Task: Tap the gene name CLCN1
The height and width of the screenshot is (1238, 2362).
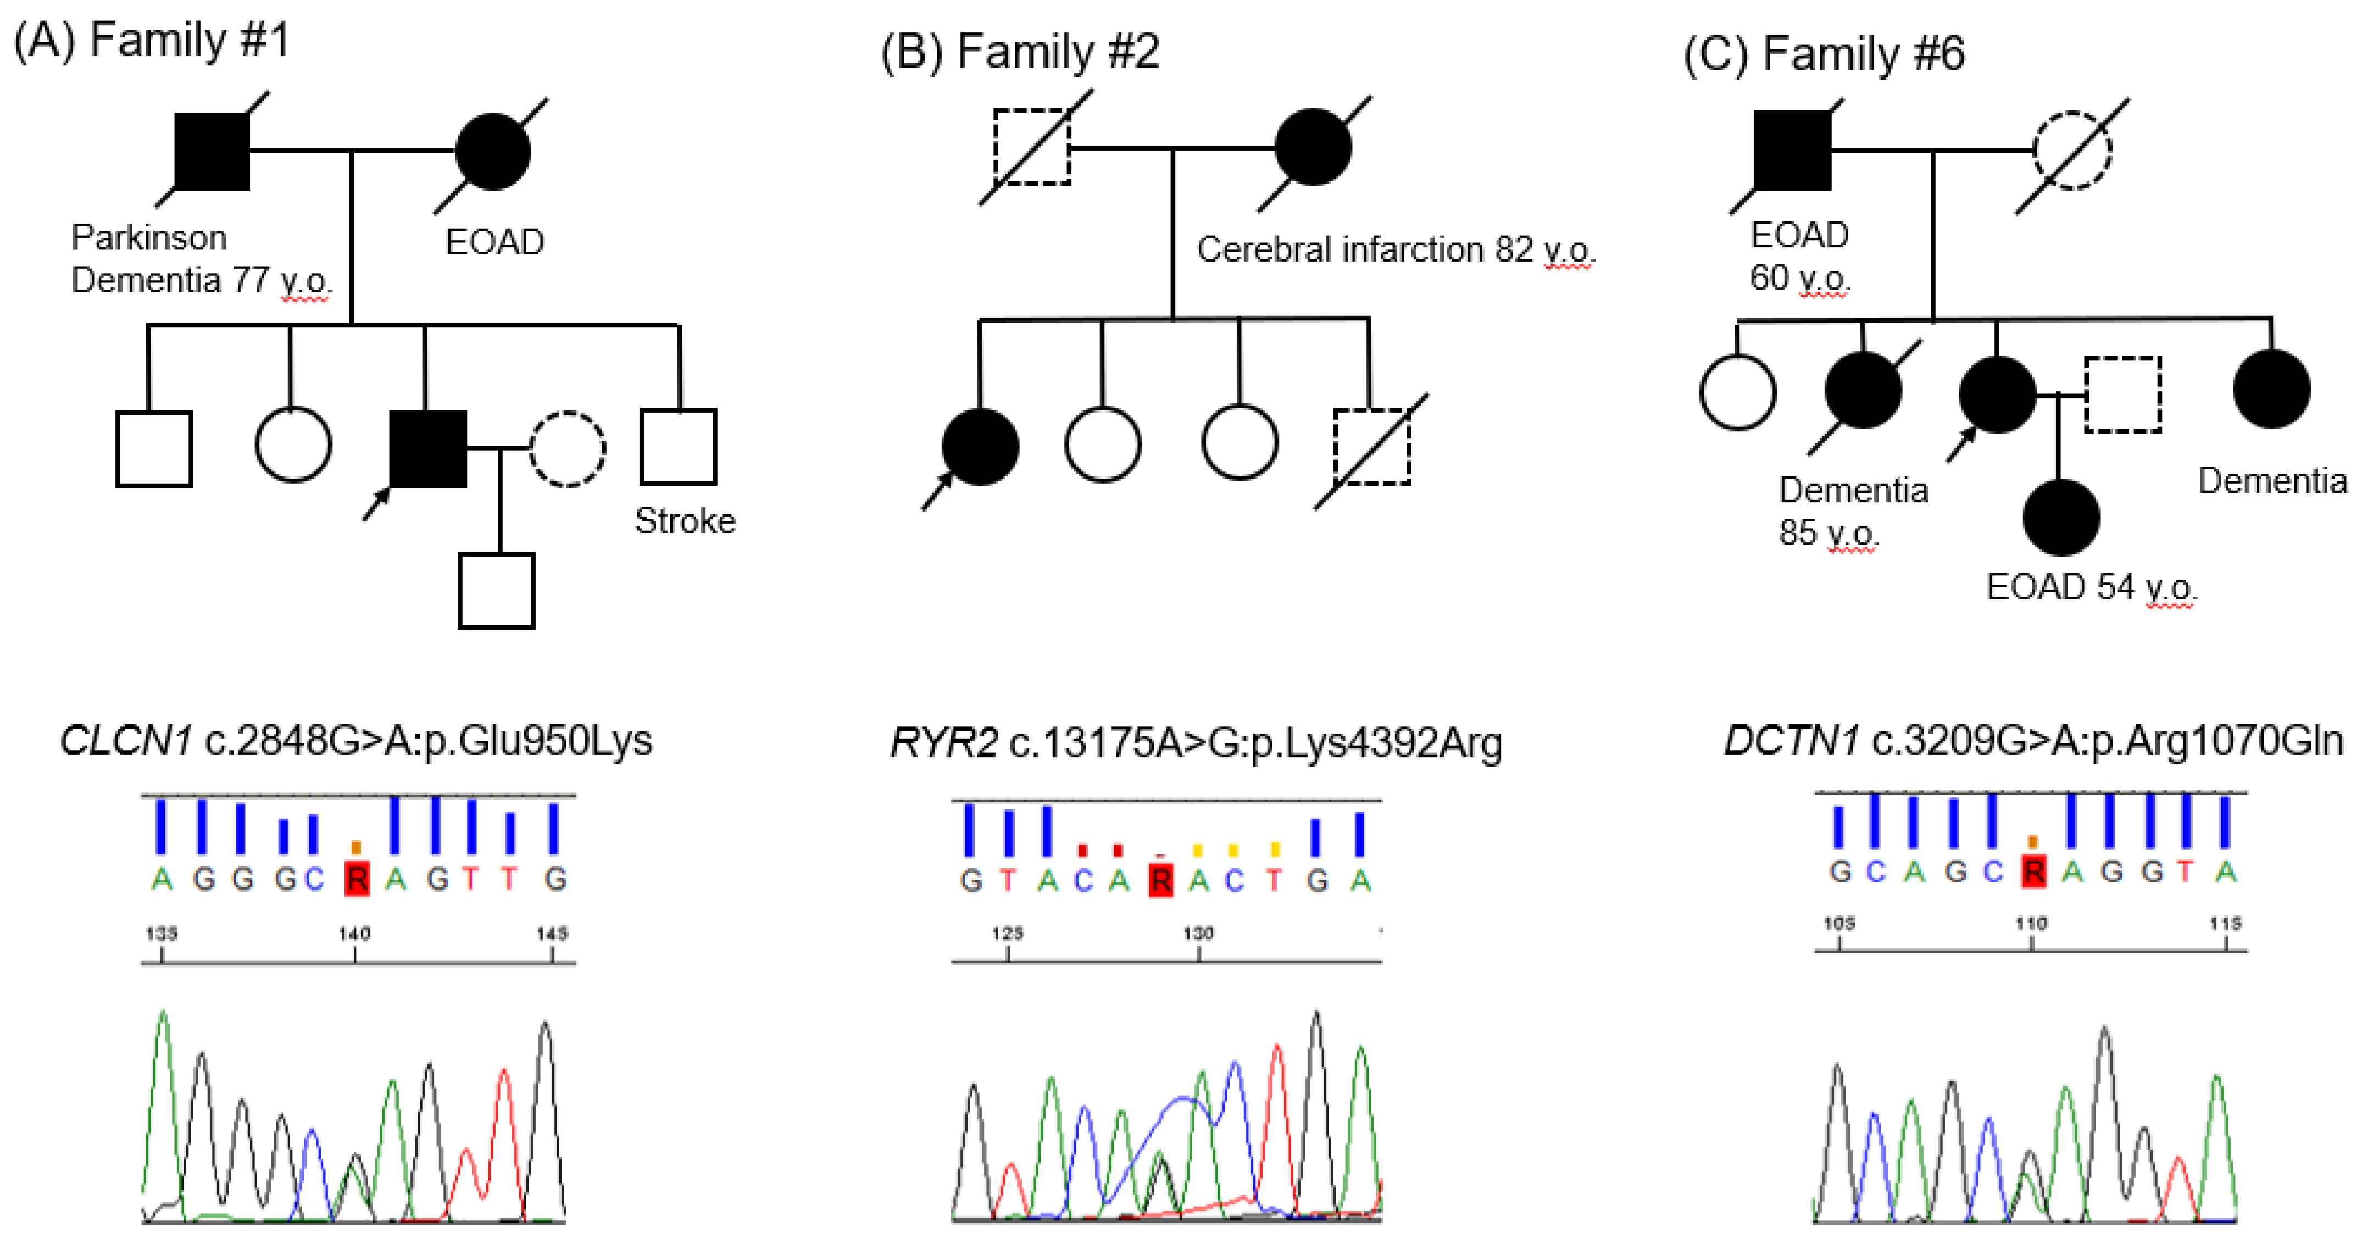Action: pos(126,741)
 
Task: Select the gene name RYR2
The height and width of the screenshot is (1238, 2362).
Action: pos(943,743)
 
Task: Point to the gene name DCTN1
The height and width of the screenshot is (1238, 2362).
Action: pos(1791,740)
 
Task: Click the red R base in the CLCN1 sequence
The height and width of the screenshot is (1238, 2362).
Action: pos(356,879)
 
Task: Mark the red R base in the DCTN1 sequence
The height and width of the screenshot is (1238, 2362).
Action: pos(2033,870)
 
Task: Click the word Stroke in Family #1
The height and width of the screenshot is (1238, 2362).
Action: pos(685,521)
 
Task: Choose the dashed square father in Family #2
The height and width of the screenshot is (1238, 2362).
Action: pos(1032,147)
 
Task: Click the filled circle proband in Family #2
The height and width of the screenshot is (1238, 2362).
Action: pos(980,447)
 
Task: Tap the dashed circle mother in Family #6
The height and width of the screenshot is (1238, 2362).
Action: pos(2072,151)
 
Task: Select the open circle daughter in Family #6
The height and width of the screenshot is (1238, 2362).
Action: pos(1738,392)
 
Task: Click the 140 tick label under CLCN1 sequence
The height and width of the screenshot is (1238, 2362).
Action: pos(354,934)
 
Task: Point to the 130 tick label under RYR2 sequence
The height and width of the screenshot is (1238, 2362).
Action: pos(1198,934)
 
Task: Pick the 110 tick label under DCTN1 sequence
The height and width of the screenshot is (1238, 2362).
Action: pos(2031,924)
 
